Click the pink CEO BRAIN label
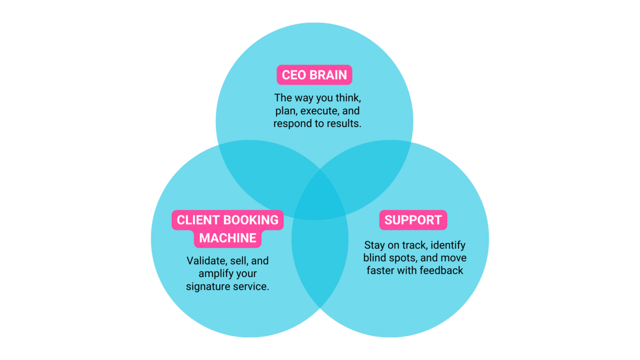314,75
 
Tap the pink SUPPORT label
413,220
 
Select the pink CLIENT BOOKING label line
227,220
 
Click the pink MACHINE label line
227,238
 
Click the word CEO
294,75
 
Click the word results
343,124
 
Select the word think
349,99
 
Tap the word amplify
216,274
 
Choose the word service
251,286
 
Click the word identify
448,245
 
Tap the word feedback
441,270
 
